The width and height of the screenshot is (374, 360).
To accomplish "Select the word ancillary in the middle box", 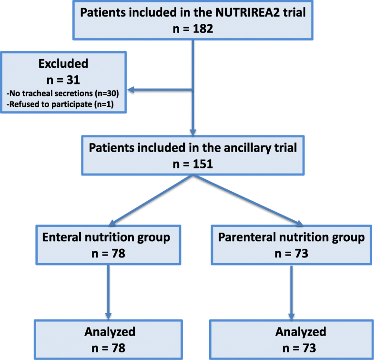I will (232, 147).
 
